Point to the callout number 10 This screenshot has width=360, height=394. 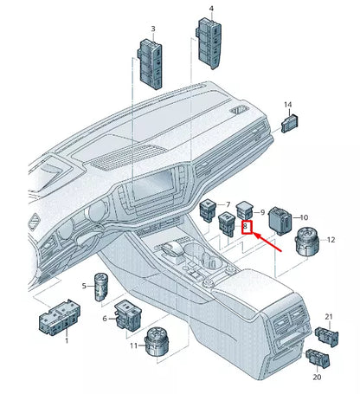point(303,217)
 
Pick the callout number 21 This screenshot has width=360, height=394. point(329,316)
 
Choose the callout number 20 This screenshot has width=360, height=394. point(317,378)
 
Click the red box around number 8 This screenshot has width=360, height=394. point(247,229)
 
